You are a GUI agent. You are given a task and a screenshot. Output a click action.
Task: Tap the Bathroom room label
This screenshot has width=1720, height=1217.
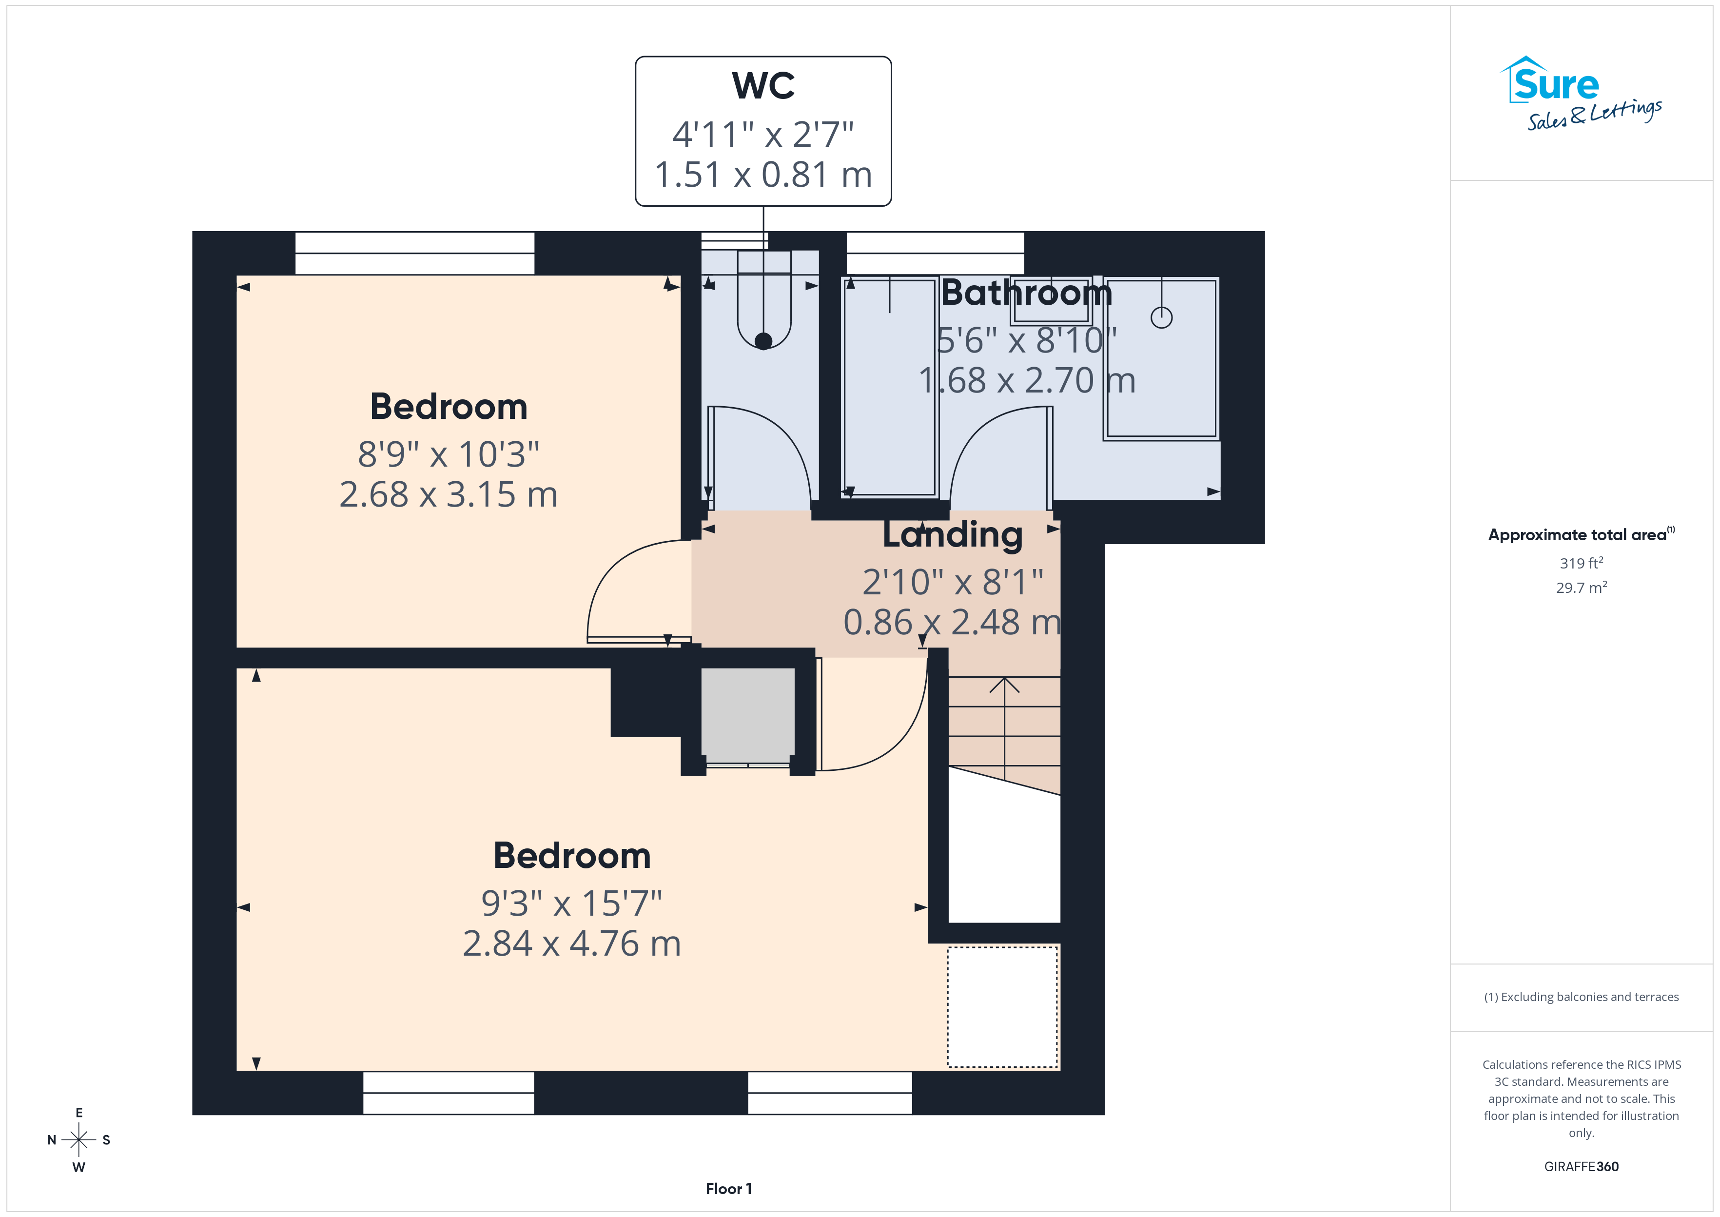[1026, 292]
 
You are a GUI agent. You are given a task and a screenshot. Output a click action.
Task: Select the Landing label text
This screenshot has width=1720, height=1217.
[952, 535]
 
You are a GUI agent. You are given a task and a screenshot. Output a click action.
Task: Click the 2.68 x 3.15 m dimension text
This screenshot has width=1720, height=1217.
[449, 494]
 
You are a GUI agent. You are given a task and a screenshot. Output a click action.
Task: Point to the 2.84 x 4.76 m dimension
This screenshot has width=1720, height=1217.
[571, 943]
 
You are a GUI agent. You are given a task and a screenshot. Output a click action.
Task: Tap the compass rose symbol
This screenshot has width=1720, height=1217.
[78, 1140]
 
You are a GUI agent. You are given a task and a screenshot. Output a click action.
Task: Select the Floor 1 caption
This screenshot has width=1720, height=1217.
[728, 1189]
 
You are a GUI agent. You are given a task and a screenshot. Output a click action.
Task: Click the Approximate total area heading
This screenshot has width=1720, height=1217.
[1581, 534]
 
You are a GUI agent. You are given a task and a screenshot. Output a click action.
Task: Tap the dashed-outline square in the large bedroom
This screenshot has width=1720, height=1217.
[1002, 1006]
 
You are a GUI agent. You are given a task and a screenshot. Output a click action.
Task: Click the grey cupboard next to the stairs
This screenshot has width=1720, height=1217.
[748, 714]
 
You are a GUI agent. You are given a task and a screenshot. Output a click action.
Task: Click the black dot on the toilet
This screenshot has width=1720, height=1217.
[763, 341]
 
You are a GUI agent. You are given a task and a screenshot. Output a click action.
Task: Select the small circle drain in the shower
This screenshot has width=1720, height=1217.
[1161, 318]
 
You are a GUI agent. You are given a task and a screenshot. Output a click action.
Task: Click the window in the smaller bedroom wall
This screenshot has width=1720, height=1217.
[414, 253]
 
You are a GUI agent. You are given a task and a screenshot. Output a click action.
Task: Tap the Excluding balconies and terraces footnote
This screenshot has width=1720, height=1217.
[1581, 997]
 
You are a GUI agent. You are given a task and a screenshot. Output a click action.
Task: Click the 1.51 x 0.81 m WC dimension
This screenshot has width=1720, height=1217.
[763, 175]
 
